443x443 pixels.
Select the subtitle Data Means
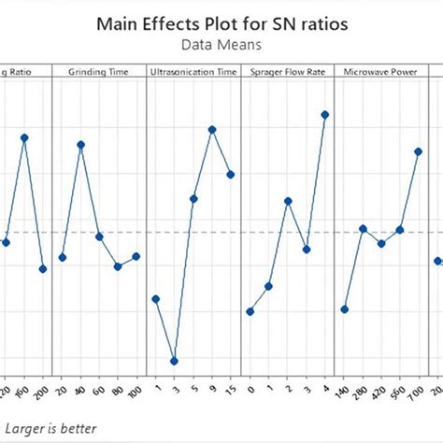[x=221, y=44]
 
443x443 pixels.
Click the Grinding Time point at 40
[x=81, y=145]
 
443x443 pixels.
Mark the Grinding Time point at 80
[x=118, y=266]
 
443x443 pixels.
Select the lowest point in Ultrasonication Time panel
[x=175, y=361]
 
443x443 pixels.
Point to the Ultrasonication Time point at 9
[x=212, y=130]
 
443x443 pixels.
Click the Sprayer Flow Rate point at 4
[x=325, y=115]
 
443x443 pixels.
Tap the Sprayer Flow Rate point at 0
[x=250, y=311]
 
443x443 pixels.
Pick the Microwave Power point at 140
[x=345, y=309]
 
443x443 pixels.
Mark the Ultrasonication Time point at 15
[x=231, y=174]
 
